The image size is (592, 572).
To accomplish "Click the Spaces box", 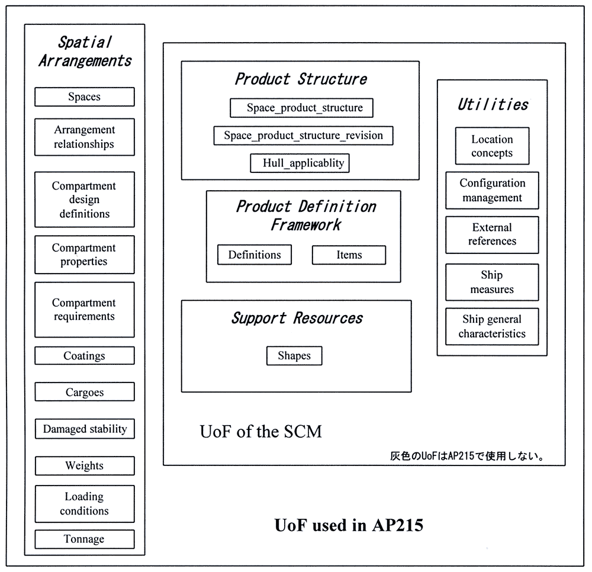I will [85, 97].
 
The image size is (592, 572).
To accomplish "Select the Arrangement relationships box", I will [85, 137].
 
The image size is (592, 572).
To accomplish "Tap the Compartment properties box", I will [85, 255].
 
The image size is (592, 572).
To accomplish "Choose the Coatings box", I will [85, 356].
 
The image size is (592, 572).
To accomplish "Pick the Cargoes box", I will [85, 392].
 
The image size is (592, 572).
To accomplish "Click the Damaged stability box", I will [85, 429].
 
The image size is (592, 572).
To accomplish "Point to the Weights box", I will [85, 466].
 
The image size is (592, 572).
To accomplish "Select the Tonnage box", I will [85, 539].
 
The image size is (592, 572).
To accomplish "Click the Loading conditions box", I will [85, 504].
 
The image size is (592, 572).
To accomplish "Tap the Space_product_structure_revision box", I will [303, 136].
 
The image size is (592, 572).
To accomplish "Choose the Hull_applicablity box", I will [300, 163].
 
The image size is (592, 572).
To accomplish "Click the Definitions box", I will [255, 255].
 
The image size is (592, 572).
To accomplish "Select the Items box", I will [349, 255].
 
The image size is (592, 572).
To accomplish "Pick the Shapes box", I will [294, 356].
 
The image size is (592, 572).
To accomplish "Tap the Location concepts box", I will [492, 146].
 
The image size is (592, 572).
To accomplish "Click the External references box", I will [492, 234].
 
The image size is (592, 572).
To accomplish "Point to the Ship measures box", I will [492, 282].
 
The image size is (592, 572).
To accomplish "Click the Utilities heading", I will [493, 105].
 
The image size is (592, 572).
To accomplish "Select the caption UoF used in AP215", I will [349, 525].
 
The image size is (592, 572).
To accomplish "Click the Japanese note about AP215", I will [467, 457].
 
